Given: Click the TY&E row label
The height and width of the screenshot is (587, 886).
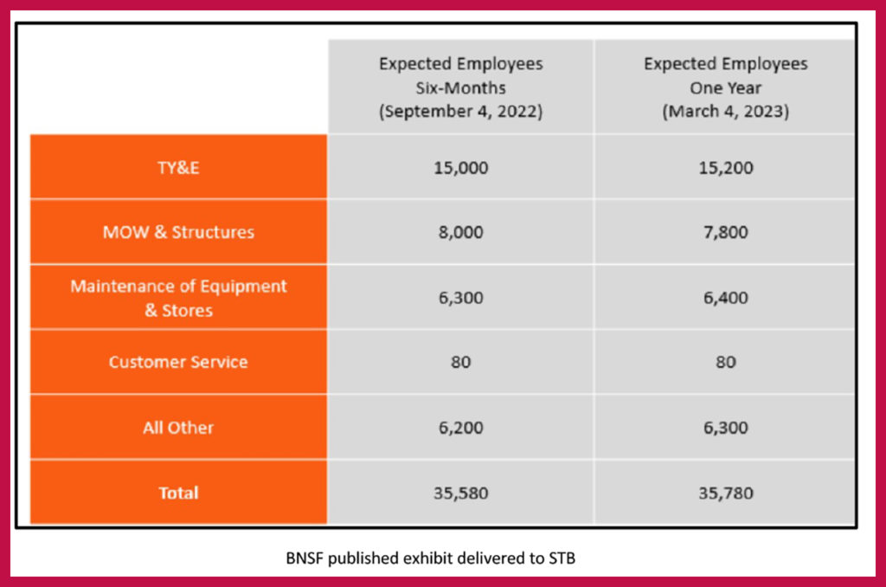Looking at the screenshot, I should [178, 167].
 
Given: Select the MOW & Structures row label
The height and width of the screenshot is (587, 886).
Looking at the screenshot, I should [178, 232].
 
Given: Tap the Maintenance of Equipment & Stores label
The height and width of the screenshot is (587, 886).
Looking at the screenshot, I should [178, 297].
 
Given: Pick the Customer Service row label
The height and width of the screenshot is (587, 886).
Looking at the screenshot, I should [178, 362].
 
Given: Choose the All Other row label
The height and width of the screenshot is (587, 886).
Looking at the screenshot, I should [178, 428].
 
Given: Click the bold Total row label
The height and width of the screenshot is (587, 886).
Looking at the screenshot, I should [178, 493].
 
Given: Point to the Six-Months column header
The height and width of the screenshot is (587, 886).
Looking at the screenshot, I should [460, 88].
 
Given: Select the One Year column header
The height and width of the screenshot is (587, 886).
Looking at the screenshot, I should [725, 88].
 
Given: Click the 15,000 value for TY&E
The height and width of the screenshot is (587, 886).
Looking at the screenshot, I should [460, 167].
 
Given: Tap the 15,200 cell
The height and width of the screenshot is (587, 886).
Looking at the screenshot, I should [725, 167].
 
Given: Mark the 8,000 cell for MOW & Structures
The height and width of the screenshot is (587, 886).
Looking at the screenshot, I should [460, 232].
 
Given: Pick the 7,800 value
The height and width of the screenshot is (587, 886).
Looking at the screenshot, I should [725, 232].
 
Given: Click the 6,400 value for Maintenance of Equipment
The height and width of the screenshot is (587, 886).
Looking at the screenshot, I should [725, 297].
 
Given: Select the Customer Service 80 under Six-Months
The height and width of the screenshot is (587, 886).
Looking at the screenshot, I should [460, 362].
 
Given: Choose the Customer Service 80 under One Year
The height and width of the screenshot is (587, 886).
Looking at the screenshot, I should [725, 362].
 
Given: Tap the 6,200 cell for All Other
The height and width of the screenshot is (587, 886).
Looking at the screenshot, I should [460, 428].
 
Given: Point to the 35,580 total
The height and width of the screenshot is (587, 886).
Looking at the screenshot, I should [460, 493].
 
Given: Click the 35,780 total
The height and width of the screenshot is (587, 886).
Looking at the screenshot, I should [725, 493].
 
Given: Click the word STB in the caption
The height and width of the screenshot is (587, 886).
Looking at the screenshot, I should [561, 558].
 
